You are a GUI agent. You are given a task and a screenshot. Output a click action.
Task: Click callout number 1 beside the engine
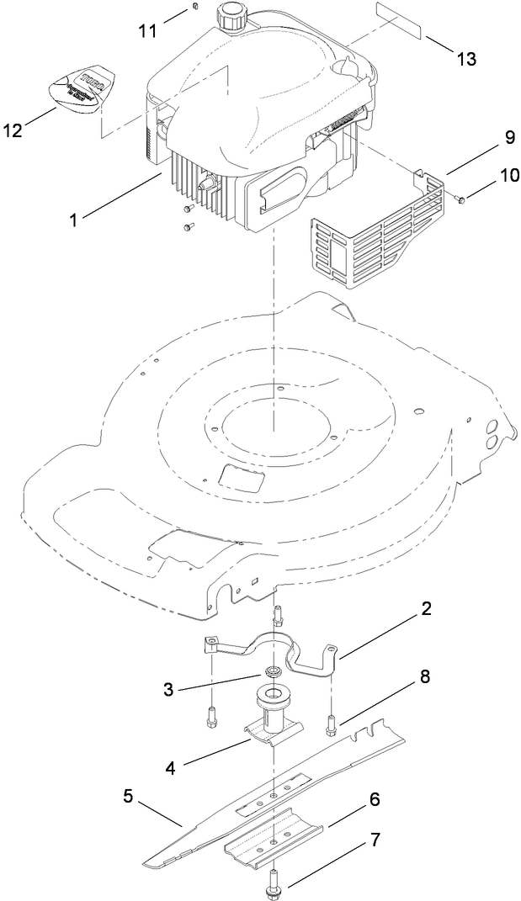75,220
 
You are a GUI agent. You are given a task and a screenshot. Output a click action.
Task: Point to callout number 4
172,767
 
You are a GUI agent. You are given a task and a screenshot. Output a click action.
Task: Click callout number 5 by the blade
128,795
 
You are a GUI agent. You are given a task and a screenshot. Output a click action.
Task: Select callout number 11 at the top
148,30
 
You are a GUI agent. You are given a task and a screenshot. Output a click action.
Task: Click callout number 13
465,59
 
